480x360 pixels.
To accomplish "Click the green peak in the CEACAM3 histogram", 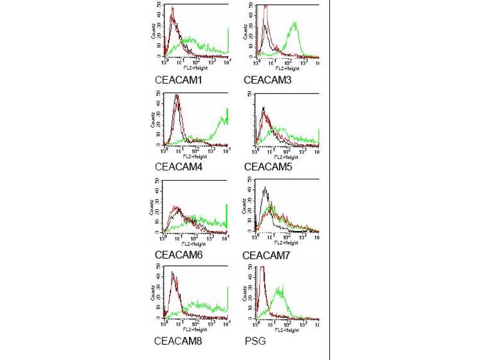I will click(295, 23).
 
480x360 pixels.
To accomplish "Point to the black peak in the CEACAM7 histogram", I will click(265, 188).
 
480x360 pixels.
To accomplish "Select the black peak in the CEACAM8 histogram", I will click(172, 273).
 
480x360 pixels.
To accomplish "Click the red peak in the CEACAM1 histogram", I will click(172, 9).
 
